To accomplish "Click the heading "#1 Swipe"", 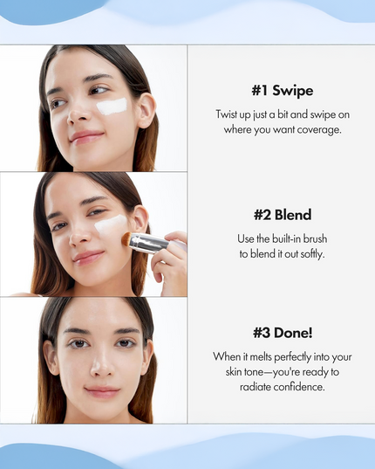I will pos(281,91).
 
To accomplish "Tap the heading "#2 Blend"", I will pos(281,216).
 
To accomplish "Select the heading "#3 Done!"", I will pos(281,333).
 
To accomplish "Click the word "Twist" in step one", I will pos(229,114).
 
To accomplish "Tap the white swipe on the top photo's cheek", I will pos(111,107).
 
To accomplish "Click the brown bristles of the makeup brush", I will pos(126,238).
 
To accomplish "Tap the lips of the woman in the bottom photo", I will pos(102,391).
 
